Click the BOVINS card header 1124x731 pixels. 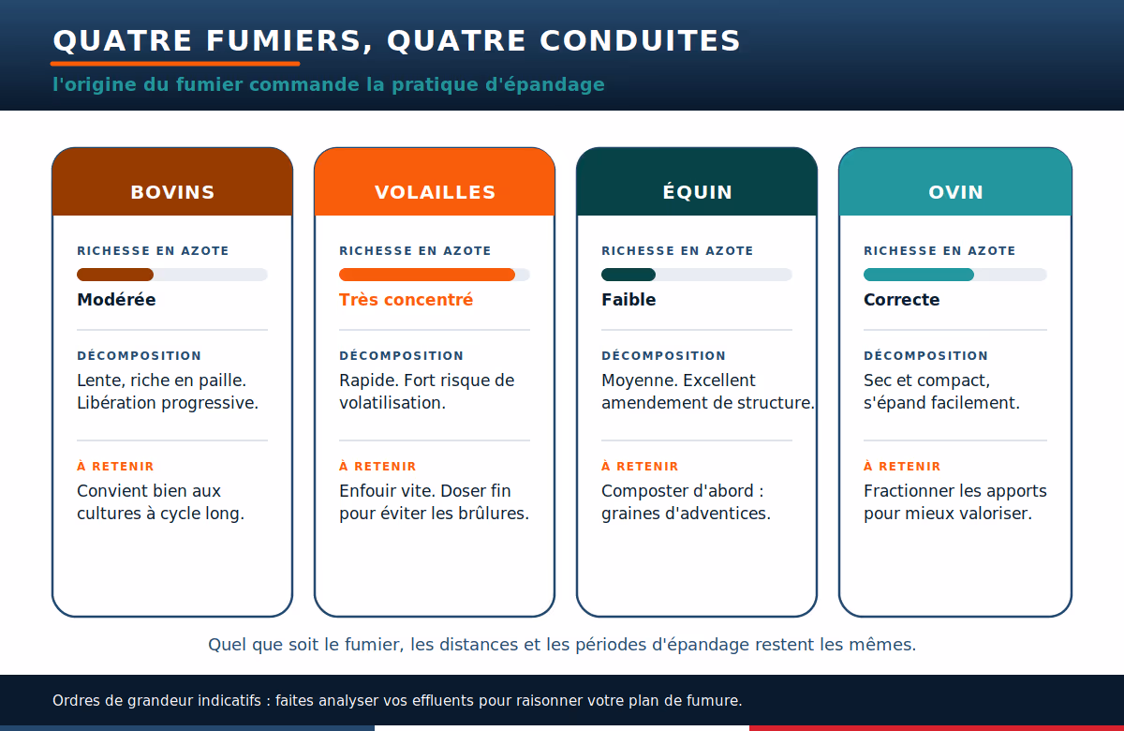click(172, 182)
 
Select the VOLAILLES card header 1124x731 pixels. click(435, 182)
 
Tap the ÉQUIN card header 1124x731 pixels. click(697, 182)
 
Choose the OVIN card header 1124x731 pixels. click(955, 182)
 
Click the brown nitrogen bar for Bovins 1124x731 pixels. click(115, 275)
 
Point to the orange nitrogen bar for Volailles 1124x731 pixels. click(427, 275)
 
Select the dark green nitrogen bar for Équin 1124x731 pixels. click(629, 275)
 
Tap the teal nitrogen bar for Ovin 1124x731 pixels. click(919, 275)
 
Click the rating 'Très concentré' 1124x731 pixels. click(406, 300)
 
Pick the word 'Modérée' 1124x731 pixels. click(116, 300)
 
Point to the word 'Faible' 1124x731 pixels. click(629, 300)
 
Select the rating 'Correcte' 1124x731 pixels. click(902, 300)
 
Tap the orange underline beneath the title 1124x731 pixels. click(175, 64)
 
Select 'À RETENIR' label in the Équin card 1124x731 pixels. click(640, 467)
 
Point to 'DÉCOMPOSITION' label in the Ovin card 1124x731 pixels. click(925, 355)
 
